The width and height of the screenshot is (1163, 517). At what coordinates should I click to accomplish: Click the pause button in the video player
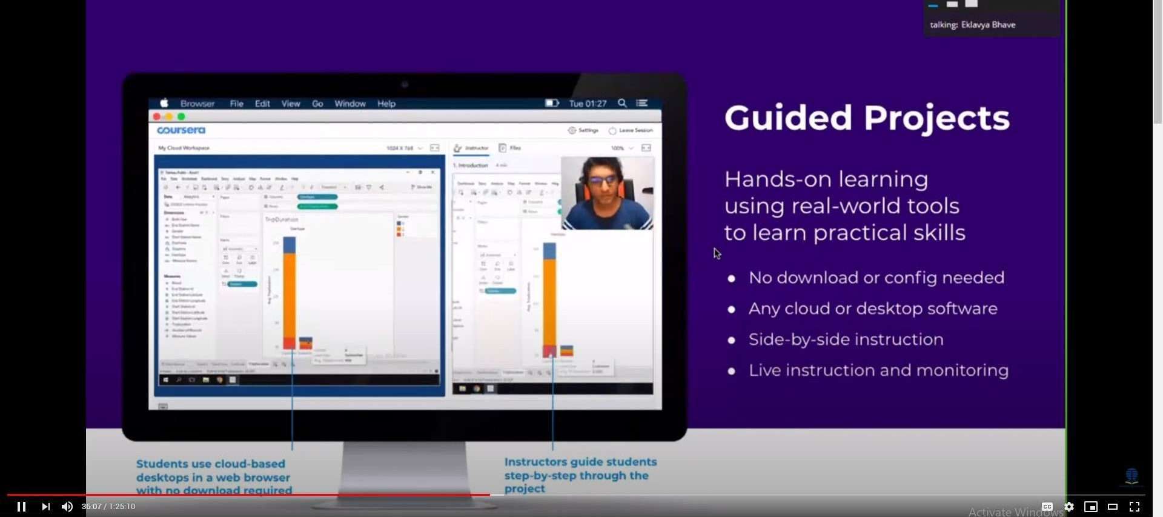[x=21, y=507]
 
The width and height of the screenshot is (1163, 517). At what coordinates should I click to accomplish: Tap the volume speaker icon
[x=67, y=507]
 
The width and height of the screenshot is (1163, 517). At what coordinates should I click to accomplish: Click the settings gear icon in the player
[x=1069, y=507]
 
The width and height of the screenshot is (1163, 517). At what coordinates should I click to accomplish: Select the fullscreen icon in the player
[x=1135, y=507]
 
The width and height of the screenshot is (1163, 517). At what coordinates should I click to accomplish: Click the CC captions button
[x=1047, y=507]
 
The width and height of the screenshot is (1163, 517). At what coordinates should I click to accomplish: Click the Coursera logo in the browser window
[x=181, y=130]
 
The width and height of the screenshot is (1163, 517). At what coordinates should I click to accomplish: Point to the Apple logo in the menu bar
[x=164, y=104]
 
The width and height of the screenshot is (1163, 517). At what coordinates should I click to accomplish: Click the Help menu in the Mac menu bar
[x=386, y=104]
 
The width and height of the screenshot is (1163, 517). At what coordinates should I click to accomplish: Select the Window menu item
[x=350, y=104]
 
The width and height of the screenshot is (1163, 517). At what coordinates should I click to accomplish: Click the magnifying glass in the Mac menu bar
[x=622, y=104]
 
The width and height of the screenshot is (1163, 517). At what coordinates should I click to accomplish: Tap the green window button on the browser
[x=181, y=116]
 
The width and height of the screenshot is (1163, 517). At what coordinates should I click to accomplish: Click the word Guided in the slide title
[x=788, y=118]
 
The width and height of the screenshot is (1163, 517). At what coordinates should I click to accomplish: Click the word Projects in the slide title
[x=936, y=118]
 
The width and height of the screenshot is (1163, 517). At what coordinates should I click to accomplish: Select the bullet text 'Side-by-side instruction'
[x=846, y=339]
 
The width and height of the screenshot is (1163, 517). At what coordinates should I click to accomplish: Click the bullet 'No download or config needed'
[x=876, y=278]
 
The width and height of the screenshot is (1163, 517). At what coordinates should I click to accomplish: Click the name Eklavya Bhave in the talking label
[x=988, y=25]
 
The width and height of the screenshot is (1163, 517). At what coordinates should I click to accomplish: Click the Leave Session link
[x=635, y=130]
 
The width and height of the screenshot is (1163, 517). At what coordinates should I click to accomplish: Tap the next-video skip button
[x=45, y=507]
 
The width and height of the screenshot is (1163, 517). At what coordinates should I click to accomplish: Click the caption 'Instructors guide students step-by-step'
[x=580, y=475]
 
